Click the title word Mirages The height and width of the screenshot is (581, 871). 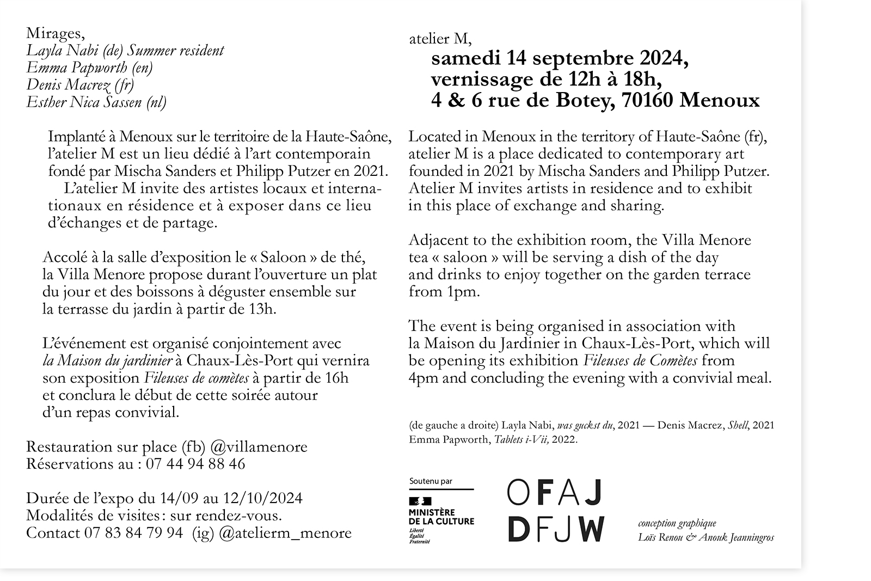tap(54, 34)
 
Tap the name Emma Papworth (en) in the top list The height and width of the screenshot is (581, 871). tap(89, 68)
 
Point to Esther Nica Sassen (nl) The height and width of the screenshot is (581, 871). tap(96, 102)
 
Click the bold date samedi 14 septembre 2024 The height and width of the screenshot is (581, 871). tap(560, 58)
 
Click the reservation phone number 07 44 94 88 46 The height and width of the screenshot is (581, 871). tap(195, 464)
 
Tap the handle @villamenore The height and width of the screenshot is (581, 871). tap(259, 447)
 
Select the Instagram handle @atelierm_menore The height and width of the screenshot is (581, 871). tap(285, 533)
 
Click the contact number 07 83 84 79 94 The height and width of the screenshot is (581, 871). tap(133, 533)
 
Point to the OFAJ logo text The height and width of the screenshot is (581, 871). tap(554, 492)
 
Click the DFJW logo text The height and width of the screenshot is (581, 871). tap(556, 529)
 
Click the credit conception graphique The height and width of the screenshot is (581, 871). tap(677, 523)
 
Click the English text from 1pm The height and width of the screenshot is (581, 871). tap(444, 292)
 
